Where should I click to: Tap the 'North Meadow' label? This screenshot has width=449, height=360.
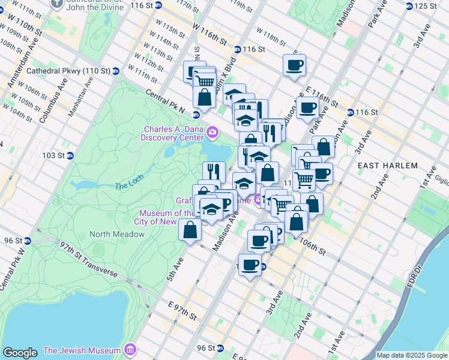click(117, 234)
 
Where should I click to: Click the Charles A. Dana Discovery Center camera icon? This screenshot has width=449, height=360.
click(212, 132)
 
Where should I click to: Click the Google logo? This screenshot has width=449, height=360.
click(20, 353)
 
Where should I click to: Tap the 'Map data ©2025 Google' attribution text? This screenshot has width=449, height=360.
click(412, 355)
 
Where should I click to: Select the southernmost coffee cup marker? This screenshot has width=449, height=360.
click(250, 264)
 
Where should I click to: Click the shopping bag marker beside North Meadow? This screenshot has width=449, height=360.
click(190, 230)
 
